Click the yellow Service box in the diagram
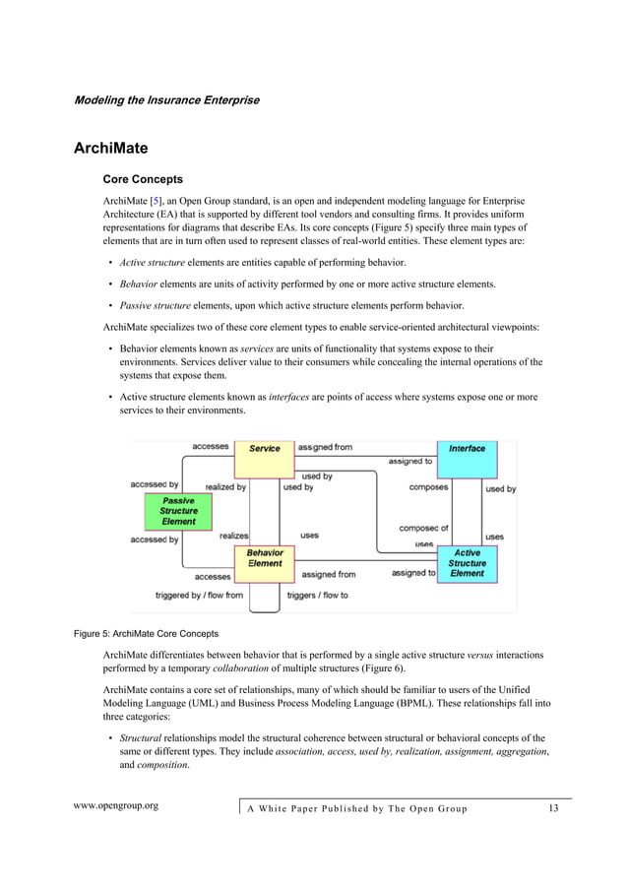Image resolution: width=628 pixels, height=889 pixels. click(264, 448)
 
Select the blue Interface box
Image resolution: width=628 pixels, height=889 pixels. click(467, 449)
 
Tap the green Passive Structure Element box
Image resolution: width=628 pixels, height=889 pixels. click(178, 511)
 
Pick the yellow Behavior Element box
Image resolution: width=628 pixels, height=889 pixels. click(264, 558)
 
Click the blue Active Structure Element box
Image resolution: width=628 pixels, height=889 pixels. click(467, 563)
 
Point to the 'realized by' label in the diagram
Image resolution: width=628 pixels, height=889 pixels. click(225, 486)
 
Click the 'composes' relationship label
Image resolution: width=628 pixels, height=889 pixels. click(428, 487)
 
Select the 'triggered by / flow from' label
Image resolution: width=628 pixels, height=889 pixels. click(199, 596)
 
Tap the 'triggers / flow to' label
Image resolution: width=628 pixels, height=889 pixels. click(317, 596)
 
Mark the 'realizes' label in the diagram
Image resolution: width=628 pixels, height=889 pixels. click(233, 536)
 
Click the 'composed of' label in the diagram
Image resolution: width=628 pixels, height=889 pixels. click(423, 529)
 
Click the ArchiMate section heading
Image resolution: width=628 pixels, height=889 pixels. click(111, 149)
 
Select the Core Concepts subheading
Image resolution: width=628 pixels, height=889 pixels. click(143, 180)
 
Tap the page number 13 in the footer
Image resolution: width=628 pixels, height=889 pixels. click(552, 808)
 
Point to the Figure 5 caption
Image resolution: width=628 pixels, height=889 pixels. click(147, 633)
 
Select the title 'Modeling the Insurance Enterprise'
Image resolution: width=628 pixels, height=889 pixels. click(166, 99)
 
